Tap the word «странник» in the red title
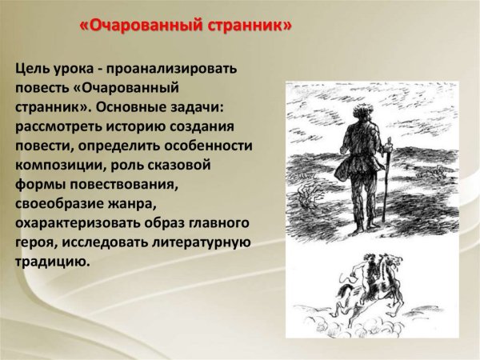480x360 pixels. point(249,26)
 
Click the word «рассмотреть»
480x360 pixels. point(61,127)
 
